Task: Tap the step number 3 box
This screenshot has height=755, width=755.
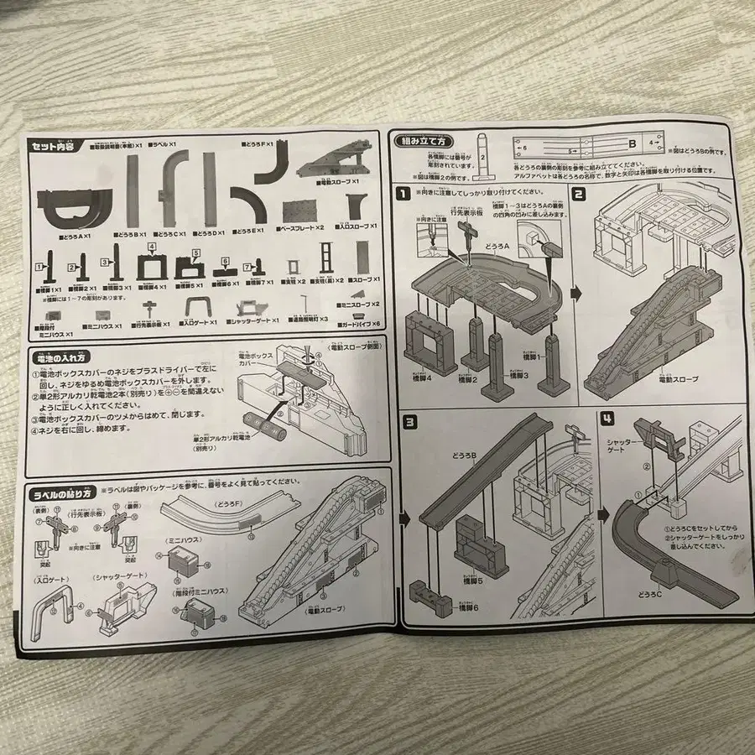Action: point(410,422)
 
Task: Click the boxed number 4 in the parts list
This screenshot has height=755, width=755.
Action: point(151,247)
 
